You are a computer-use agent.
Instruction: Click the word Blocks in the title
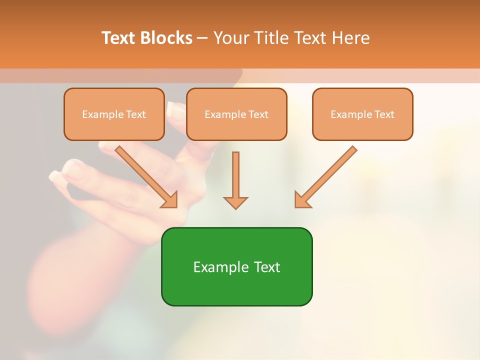[166, 38]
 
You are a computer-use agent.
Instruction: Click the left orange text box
[114, 114]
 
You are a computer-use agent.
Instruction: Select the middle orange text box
[236, 114]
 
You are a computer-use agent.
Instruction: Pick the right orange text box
[362, 114]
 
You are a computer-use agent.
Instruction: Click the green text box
[236, 266]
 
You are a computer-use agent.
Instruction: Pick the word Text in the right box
[384, 114]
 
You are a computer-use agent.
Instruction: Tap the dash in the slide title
[202, 38]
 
